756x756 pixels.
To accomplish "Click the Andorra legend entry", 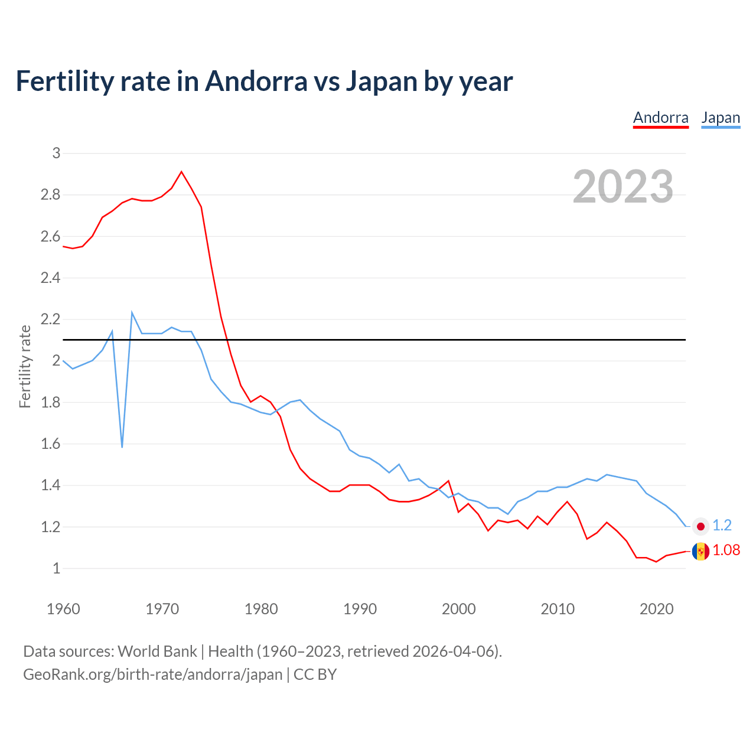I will coord(660,118).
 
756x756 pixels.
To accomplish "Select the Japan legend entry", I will coord(721,118).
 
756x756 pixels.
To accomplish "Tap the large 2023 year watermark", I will coord(623,187).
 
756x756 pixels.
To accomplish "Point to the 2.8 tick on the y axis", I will coord(51,195).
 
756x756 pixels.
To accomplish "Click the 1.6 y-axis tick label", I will coord(51,444).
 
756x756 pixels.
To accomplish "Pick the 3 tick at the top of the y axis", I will coord(57,154).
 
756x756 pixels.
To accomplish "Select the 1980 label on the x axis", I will coord(261,609).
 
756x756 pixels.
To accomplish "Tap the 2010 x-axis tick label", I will coord(558,609).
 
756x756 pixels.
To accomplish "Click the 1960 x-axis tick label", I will coord(63,609).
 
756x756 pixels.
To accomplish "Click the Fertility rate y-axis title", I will coord(25,366).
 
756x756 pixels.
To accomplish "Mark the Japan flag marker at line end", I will coord(700,526).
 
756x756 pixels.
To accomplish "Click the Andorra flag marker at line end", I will coord(700,552).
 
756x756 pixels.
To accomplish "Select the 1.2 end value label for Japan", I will coord(722,526).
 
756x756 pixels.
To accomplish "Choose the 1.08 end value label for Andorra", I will coord(726,550).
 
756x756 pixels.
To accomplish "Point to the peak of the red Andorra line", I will coord(181,172).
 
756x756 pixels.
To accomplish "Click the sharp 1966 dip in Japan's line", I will coord(122,447).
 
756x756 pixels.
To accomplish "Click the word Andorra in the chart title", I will coord(256,82).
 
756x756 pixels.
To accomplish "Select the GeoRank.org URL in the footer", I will coord(152,674).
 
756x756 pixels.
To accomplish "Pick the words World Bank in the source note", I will coord(157,651).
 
